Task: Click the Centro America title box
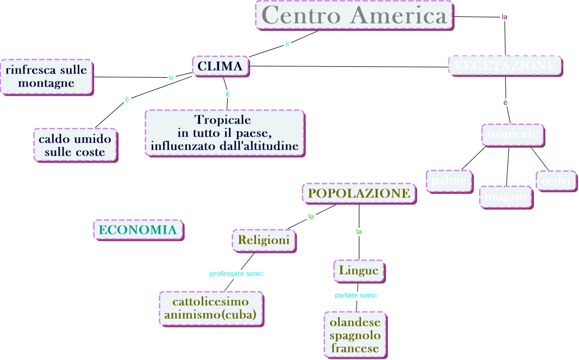pos(354,15)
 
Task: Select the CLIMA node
pos(220,66)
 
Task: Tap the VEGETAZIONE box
pos(505,65)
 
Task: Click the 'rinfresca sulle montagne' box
pos(46,77)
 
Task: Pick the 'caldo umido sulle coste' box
pos(75,145)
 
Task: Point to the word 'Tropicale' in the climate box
pos(223,119)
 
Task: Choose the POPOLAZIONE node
pos(359,193)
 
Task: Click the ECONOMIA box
pos(138,230)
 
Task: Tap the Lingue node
pos(358,270)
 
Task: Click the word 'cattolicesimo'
pos(210,301)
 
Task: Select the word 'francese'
pos(355,349)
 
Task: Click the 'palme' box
pos(449,181)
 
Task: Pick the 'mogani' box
pos(506,197)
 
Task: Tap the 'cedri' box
pos(556,181)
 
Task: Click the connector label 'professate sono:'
pos(237,274)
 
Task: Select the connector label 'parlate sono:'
pos(356,296)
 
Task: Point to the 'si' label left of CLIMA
pos(171,78)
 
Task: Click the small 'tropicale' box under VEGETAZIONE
pos(512,135)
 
